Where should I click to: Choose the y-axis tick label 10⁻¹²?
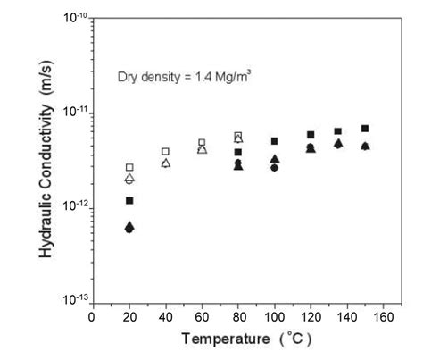click(73, 206)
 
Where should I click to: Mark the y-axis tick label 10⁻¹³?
click(73, 300)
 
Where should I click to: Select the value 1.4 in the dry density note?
click(192, 77)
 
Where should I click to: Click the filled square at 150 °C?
click(365, 129)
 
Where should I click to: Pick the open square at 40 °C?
click(165, 152)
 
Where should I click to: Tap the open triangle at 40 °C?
click(165, 163)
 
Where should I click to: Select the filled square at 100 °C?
click(274, 141)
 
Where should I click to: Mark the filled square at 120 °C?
click(311, 135)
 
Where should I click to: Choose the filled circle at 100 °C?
click(274, 167)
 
